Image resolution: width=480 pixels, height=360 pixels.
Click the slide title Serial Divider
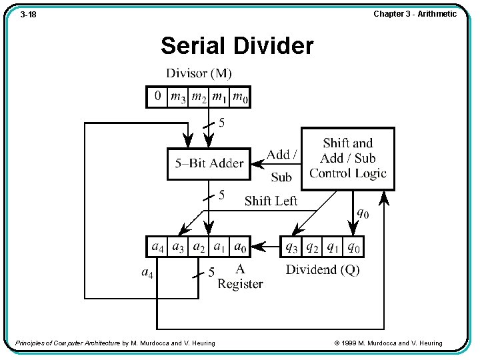237,46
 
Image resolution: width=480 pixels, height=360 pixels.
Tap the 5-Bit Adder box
209,163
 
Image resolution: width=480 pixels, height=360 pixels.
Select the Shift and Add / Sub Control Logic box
347,159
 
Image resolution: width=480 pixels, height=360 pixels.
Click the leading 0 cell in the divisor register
157,97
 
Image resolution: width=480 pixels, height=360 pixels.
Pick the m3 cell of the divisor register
178,97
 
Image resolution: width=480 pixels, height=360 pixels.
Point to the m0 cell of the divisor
240,97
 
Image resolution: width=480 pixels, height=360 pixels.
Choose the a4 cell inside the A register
157,247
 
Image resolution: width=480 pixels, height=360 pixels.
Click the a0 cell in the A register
239,247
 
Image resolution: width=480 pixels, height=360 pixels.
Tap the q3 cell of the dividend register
291,247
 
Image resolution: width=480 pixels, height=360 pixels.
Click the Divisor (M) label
199,73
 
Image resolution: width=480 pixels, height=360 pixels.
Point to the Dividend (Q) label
322,269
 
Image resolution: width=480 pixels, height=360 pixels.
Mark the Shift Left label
271,201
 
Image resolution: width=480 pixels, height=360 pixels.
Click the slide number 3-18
28,14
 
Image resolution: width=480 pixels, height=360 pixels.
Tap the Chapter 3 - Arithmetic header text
415,13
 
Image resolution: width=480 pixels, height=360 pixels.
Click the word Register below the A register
240,284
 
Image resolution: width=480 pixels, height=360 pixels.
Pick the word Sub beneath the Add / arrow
281,177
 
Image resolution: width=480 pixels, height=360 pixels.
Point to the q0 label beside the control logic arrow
362,213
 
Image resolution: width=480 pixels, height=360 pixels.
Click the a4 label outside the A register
147,272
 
